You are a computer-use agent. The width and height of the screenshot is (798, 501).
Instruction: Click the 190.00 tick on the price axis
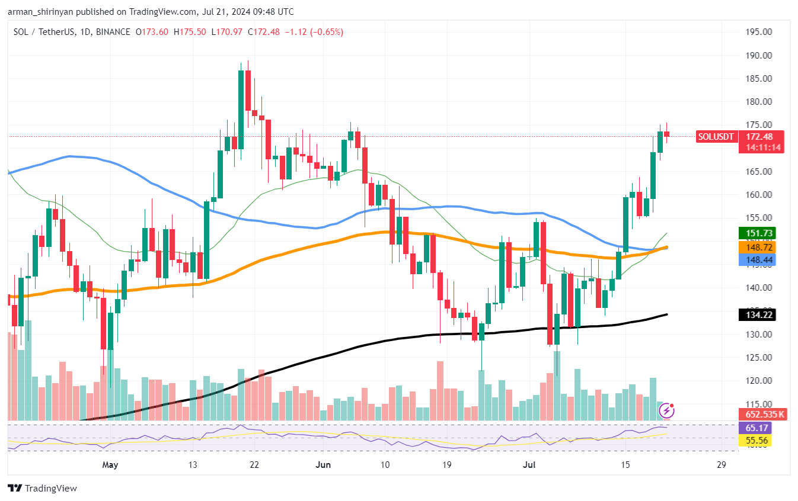(759, 56)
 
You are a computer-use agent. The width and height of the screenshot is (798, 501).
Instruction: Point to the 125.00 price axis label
(759, 358)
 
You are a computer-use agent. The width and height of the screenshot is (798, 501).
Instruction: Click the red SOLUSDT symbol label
(716, 137)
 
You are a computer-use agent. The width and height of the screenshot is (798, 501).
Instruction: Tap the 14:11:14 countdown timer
(761, 147)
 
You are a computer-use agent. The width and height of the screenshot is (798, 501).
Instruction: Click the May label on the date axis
(110, 465)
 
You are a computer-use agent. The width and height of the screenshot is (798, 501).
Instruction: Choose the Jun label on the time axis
(323, 465)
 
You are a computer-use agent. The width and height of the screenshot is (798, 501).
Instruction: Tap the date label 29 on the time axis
(721, 465)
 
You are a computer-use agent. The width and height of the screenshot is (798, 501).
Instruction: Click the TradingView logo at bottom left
(42, 489)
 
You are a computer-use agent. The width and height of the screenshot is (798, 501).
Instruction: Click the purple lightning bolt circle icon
(667, 410)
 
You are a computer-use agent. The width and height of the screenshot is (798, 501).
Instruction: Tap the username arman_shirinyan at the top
(46, 12)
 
